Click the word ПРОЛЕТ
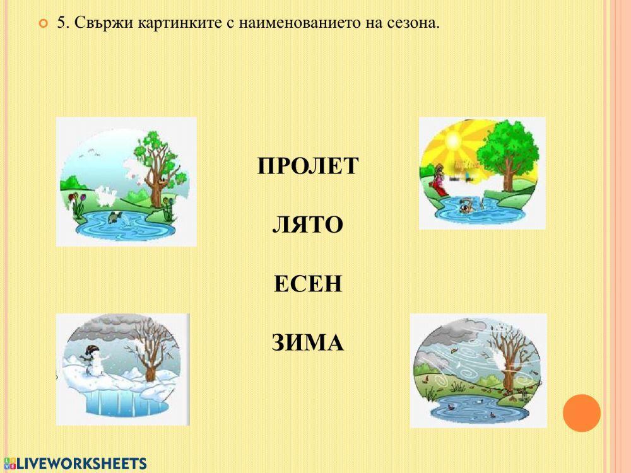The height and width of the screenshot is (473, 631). [x=307, y=166]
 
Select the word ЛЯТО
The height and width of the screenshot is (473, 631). [x=307, y=225]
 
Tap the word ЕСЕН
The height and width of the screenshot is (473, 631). [x=307, y=284]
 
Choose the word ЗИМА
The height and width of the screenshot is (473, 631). [x=307, y=343]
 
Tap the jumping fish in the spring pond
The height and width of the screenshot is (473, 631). [x=114, y=218]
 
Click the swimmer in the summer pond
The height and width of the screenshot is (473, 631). [x=466, y=205]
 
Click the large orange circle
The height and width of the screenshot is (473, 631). [x=581, y=413]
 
